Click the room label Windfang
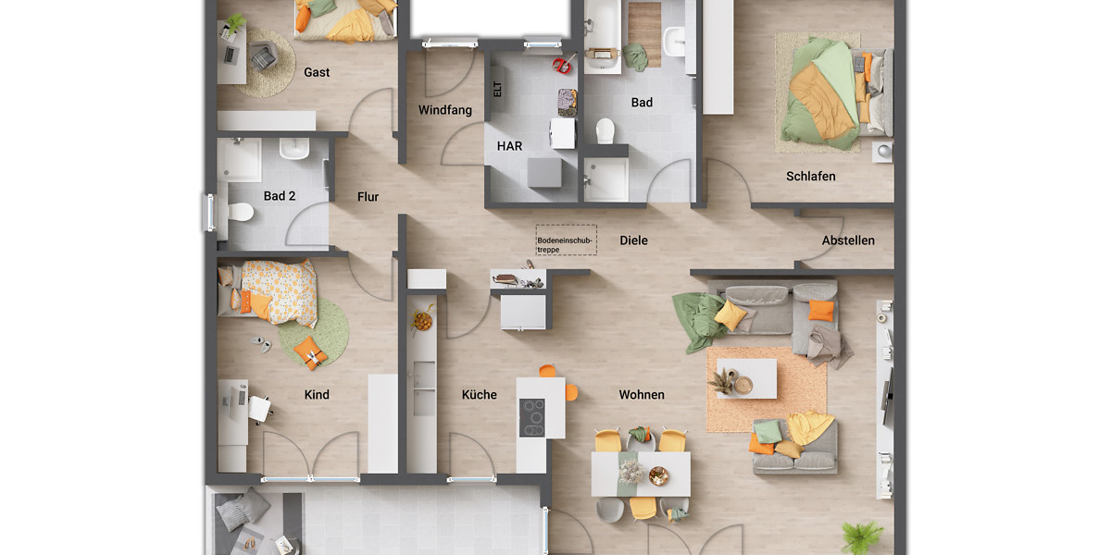coord(444,110)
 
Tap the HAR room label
coord(509,146)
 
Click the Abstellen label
coord(848,240)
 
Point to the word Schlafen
coord(811,176)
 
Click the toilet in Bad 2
coord(240,212)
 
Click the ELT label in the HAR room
coord(497,90)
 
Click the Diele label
coord(633,240)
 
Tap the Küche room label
coord(480,395)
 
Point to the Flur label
coord(368,196)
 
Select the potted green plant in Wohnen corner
coord(862,536)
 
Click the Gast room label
coord(317,72)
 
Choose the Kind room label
coord(317,395)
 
